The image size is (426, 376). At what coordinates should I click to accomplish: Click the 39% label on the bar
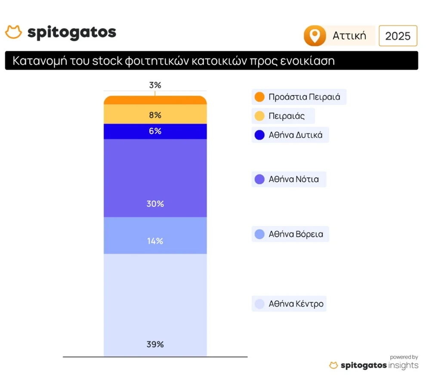(x=155, y=344)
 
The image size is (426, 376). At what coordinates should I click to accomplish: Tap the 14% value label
(x=155, y=241)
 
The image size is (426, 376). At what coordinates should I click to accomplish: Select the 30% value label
(x=155, y=203)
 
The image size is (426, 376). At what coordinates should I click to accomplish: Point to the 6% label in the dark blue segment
(x=155, y=131)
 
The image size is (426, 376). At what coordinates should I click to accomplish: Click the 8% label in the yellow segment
(x=155, y=115)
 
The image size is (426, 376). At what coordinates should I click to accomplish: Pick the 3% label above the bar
(x=155, y=85)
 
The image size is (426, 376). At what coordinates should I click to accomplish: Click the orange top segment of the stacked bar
(x=155, y=100)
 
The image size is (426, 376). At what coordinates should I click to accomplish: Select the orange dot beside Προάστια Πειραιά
(x=259, y=97)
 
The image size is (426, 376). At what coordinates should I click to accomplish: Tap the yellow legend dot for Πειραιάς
(x=259, y=116)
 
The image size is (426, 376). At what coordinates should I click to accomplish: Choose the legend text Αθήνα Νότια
(x=293, y=179)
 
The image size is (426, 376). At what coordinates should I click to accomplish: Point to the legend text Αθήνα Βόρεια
(x=296, y=234)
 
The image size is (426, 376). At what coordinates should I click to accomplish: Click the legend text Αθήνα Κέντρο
(x=296, y=304)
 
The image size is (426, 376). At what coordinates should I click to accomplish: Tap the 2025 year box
(x=398, y=36)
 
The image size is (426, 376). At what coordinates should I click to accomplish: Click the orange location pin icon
(x=315, y=36)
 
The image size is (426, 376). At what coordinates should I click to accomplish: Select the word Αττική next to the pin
(x=349, y=36)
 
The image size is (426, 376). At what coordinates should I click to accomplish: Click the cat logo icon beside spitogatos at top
(x=13, y=32)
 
